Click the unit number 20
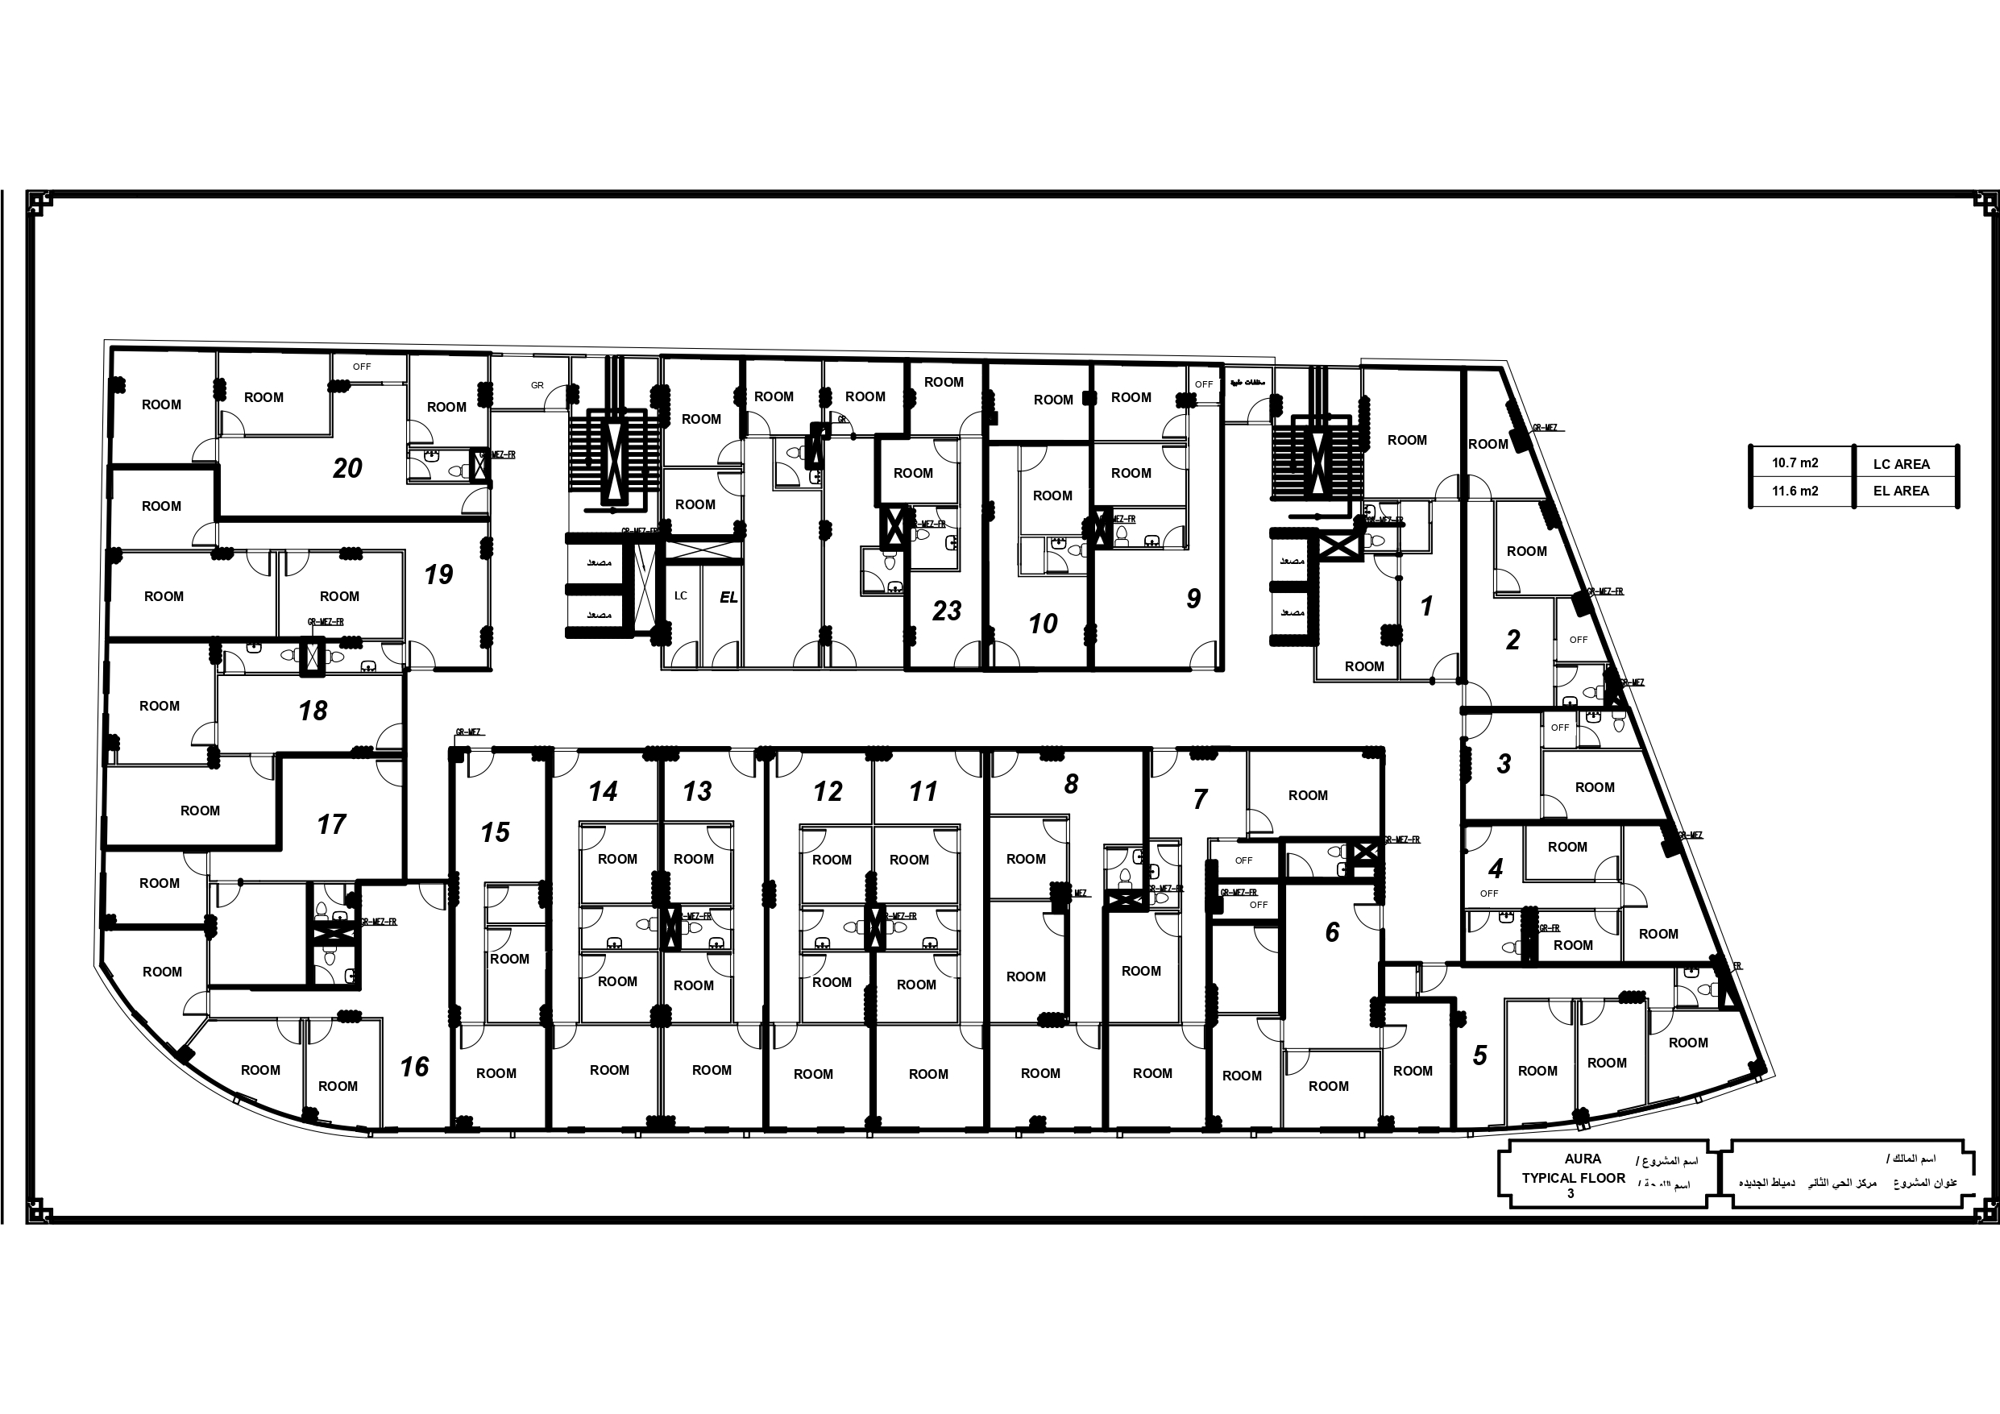point(346,469)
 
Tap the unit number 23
point(946,611)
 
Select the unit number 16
point(415,1067)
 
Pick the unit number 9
point(1193,599)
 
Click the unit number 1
point(1426,607)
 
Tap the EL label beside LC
point(728,598)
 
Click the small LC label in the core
point(681,596)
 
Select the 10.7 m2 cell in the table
point(1795,463)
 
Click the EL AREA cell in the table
point(1901,491)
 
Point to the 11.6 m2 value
point(1795,491)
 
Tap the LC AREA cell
point(1901,464)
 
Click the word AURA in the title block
point(1582,1159)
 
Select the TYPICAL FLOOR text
point(1573,1178)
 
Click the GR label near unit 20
point(537,385)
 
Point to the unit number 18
point(313,711)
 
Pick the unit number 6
point(1332,933)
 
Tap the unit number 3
point(1504,764)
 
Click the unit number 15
point(495,832)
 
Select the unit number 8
point(1072,784)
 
